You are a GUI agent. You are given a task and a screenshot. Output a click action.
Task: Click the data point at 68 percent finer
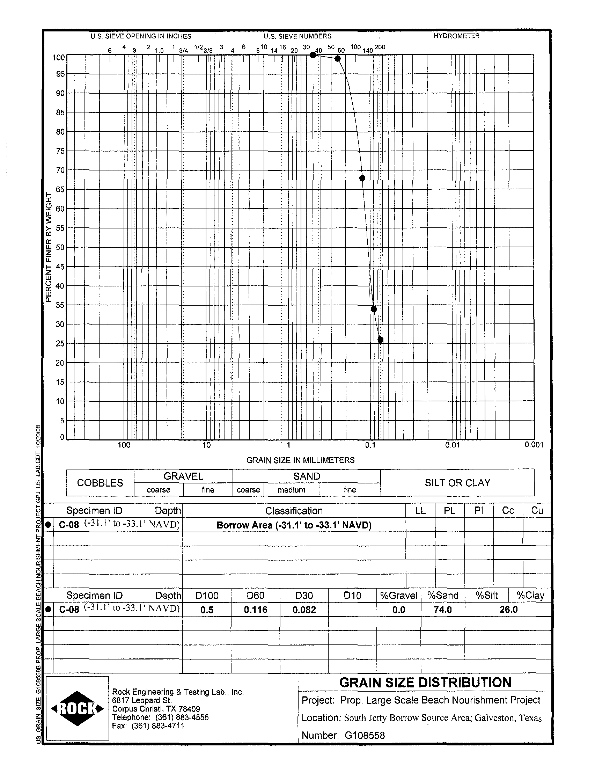[x=362, y=178]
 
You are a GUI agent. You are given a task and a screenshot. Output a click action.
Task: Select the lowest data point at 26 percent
[x=380, y=340]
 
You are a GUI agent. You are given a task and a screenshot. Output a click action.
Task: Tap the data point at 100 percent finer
[x=313, y=55]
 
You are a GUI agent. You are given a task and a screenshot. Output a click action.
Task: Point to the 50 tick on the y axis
[x=60, y=247]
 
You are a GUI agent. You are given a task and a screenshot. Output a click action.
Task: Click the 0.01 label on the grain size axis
[x=452, y=445]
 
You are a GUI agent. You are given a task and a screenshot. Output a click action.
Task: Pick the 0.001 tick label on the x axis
[x=534, y=445]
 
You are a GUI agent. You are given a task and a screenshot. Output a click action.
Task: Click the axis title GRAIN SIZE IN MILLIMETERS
[x=300, y=460]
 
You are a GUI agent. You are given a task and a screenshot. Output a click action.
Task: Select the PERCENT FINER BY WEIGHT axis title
[x=49, y=247]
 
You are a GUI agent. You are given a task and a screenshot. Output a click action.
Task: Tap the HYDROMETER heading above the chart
[x=456, y=36]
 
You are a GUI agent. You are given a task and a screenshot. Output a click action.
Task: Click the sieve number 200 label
[x=380, y=47]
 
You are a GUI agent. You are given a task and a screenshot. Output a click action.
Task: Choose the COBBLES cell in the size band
[x=100, y=483]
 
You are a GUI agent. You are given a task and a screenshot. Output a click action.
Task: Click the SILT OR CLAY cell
[x=457, y=483]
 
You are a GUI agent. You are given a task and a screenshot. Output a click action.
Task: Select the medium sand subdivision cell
[x=291, y=490]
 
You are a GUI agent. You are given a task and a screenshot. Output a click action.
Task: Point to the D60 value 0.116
[x=255, y=610]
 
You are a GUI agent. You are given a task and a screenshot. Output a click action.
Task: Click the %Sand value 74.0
[x=442, y=610]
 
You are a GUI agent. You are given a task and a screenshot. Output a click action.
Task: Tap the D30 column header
[x=304, y=595]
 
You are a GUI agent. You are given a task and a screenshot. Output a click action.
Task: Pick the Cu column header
[x=537, y=510]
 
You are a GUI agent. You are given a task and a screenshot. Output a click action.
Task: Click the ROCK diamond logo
[x=78, y=709]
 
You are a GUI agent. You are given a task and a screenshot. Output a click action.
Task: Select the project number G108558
[x=365, y=736]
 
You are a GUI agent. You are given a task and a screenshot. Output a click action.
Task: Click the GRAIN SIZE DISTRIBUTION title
[x=425, y=683]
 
